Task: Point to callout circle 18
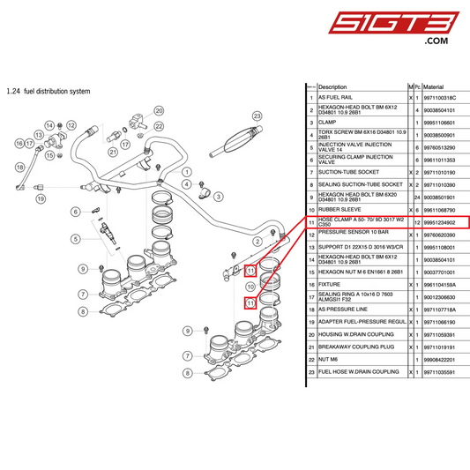pyautogui.click(x=20, y=167)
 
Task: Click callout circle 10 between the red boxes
pyautogui.click(x=250, y=287)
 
